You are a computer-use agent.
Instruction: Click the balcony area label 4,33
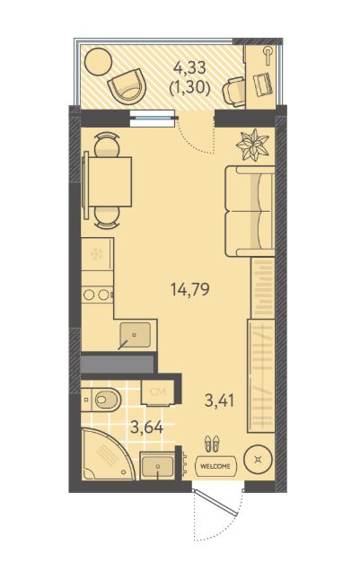189,67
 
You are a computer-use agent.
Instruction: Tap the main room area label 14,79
189,290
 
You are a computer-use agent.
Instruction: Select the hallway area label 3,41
219,401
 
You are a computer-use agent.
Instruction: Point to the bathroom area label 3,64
146,427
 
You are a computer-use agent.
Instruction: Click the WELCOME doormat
216,466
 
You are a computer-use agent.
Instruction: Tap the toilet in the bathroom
101,400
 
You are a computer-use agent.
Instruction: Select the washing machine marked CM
158,393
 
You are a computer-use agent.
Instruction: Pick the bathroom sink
158,466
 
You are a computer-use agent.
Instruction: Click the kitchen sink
136,335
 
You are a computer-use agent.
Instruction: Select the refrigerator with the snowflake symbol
97,254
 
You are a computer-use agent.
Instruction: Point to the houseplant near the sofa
252,145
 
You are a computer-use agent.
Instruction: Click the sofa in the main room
250,211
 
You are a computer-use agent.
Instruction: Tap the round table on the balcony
98,62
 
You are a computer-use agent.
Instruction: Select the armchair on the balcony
127,86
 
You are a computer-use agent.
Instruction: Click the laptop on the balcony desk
263,84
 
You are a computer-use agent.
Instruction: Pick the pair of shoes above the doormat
212,443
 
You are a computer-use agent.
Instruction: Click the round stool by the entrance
258,459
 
